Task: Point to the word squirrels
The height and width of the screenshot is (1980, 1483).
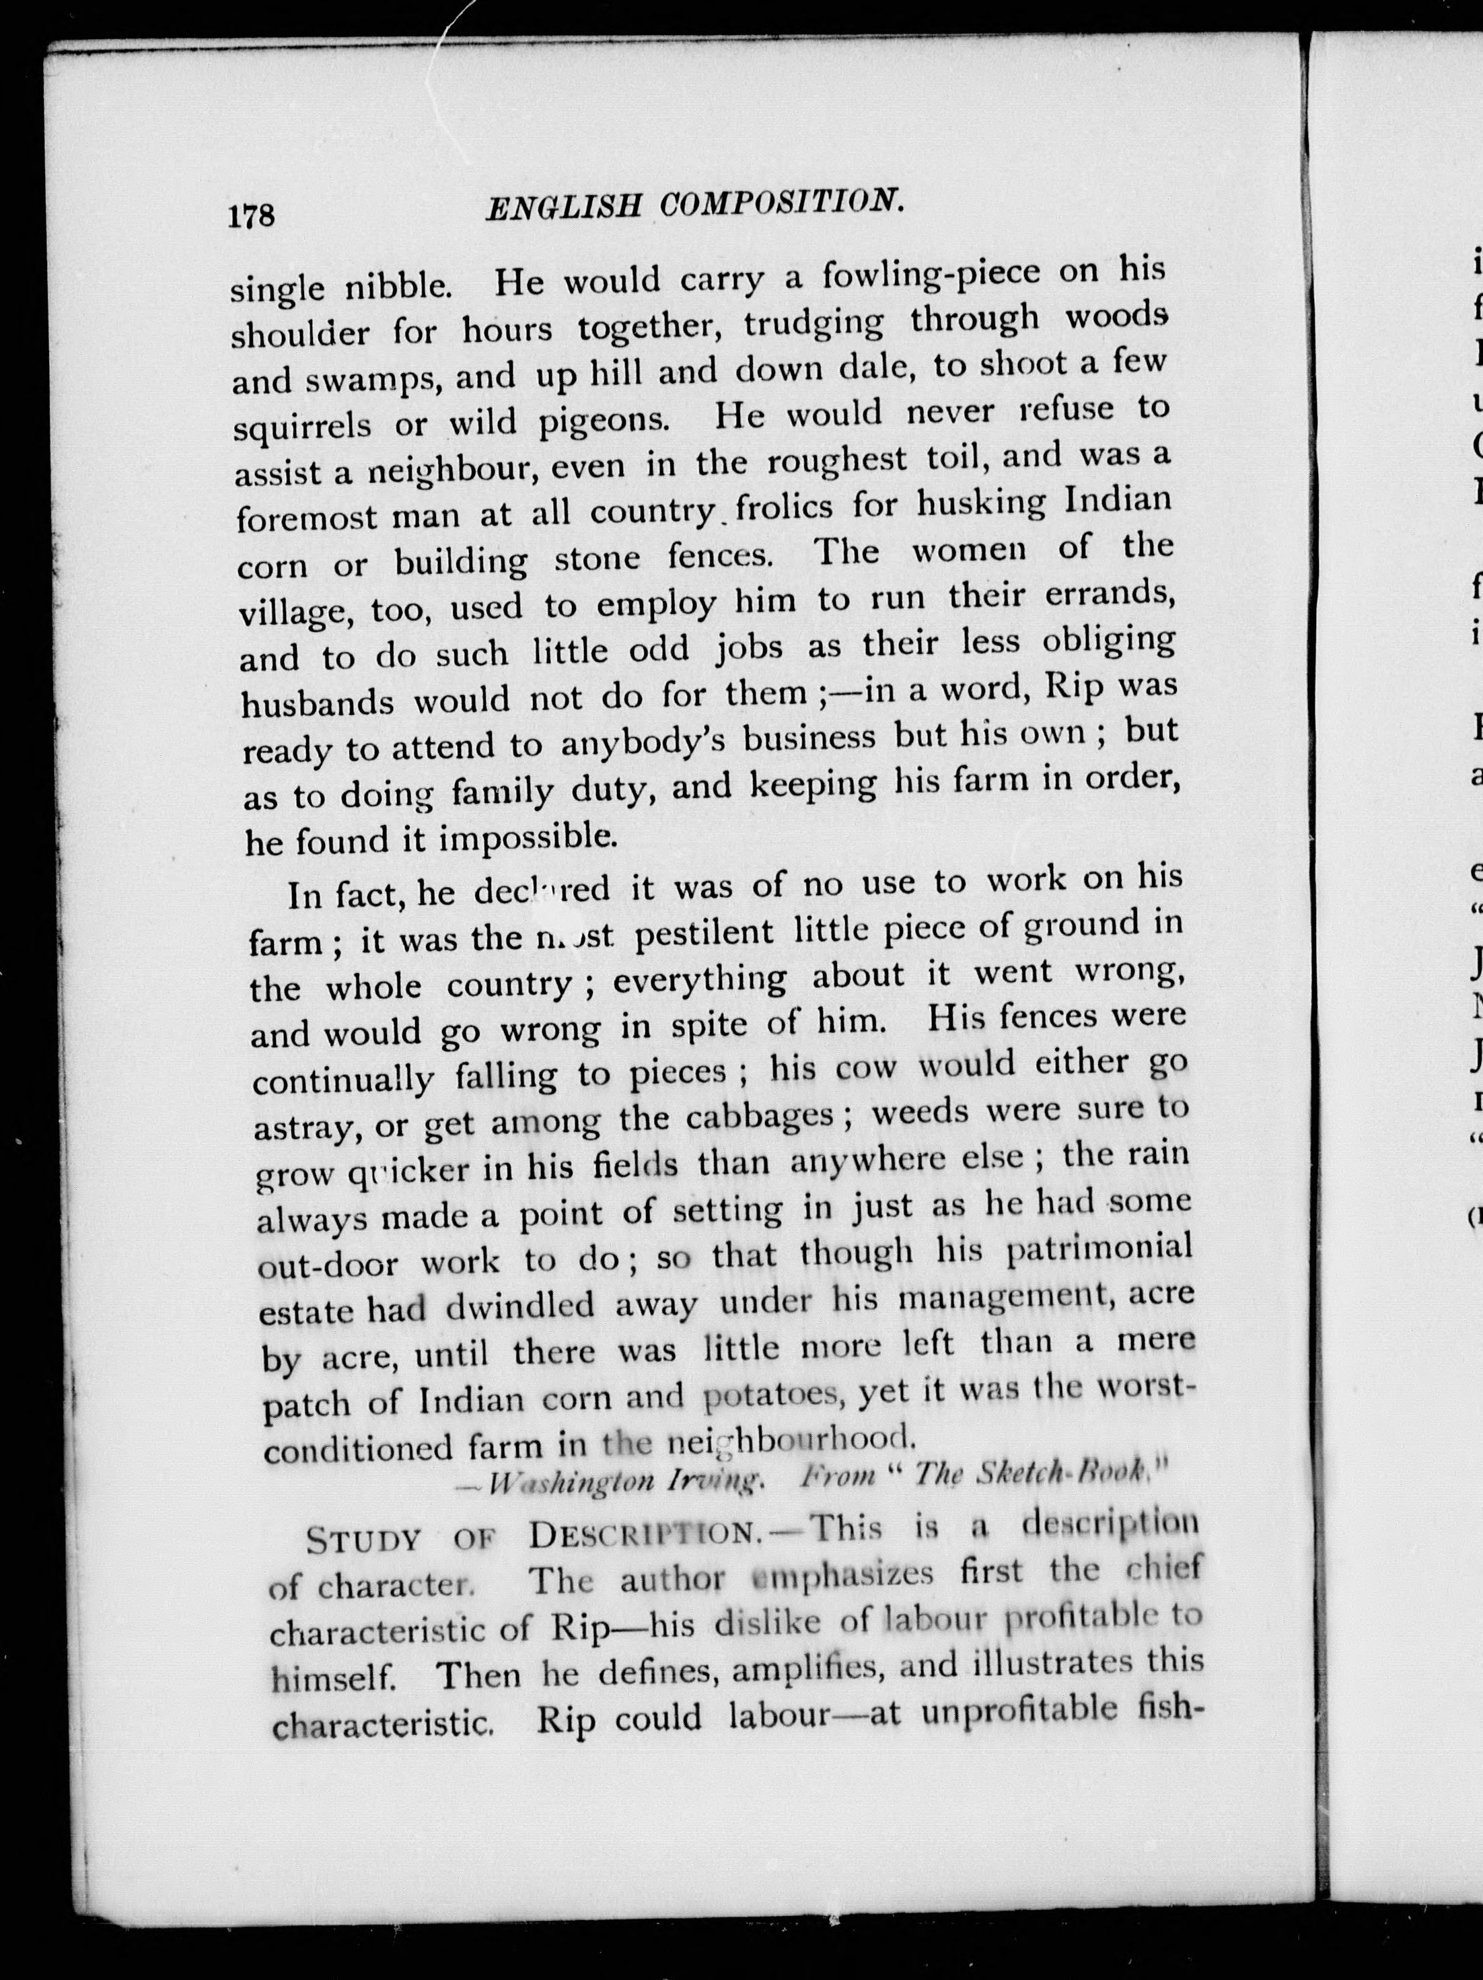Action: point(303,424)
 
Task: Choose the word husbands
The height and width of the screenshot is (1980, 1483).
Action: point(318,703)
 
